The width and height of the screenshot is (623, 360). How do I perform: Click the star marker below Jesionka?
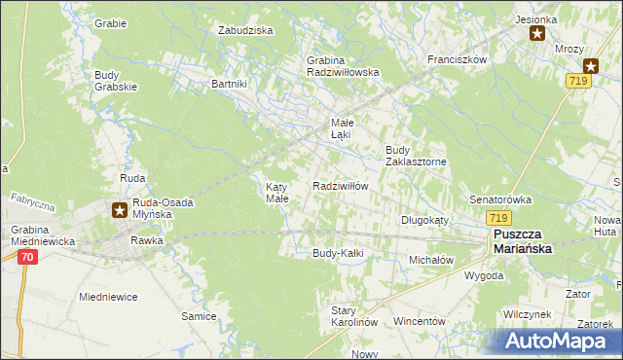coord(537,34)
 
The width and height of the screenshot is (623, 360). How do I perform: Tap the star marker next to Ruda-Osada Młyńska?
coord(119,208)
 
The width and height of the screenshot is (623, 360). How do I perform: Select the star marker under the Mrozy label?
coord(590,66)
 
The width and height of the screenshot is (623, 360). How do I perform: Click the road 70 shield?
coord(26,257)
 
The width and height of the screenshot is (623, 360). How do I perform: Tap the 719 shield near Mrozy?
coord(577,85)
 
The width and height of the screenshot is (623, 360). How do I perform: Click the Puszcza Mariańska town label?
coord(522,241)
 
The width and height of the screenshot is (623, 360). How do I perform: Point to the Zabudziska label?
coord(245,30)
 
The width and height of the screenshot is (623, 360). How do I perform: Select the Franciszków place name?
coord(457,59)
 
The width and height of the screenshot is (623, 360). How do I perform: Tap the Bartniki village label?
coord(230,84)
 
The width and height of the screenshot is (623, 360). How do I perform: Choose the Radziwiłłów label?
coord(340,186)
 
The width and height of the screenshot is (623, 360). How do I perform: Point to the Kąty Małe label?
coord(277,192)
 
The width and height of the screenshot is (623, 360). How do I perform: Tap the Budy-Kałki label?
coord(337,253)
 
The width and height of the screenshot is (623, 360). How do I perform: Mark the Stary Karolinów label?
coord(353,315)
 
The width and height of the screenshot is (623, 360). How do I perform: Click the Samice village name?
coord(199,316)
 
